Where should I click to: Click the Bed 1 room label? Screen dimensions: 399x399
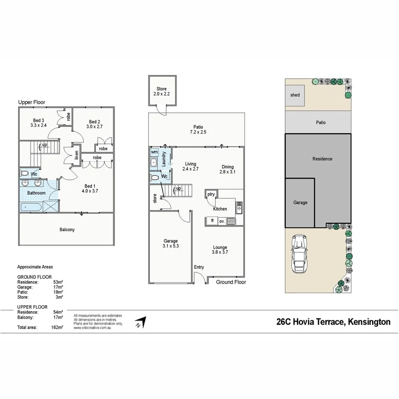(89, 189)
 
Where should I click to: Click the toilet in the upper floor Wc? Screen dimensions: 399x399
(25, 174)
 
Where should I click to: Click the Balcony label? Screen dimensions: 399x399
(67, 229)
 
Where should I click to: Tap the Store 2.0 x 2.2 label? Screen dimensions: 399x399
(161, 91)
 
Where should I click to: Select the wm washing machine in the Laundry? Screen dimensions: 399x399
(154, 152)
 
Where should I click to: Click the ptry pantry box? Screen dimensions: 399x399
(211, 194)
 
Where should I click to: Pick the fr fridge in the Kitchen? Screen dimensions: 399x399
(212, 221)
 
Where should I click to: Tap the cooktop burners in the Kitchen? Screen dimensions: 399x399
(231, 221)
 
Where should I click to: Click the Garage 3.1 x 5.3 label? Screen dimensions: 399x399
(170, 244)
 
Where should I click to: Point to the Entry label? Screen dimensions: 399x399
(199, 267)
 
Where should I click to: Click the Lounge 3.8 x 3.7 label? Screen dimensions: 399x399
(220, 250)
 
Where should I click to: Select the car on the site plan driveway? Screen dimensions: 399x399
(299, 254)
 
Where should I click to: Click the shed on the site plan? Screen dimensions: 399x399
(295, 95)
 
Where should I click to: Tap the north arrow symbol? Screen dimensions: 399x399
(140, 322)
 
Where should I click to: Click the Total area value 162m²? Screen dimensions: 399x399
(57, 327)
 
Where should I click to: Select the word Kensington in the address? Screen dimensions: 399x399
(369, 322)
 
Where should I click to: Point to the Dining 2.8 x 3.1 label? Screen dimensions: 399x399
(227, 169)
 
